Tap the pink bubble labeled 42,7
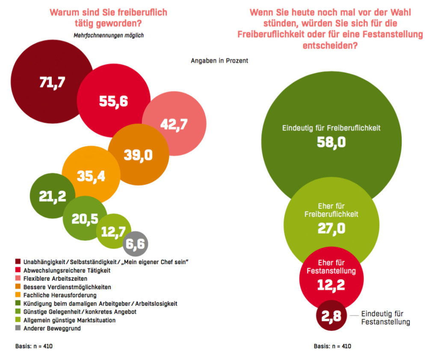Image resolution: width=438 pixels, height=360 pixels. click(174, 124)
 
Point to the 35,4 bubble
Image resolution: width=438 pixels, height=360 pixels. click(90, 175)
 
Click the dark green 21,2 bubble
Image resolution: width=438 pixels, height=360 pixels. click(52, 196)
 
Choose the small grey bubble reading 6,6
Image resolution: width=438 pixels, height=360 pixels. click(136, 244)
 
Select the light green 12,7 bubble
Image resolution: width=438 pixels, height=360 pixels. click(113, 232)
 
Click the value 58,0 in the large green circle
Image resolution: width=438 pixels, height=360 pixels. click(331, 142)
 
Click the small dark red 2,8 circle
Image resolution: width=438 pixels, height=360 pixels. click(330, 316)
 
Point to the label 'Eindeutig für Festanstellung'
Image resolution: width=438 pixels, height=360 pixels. click(385, 318)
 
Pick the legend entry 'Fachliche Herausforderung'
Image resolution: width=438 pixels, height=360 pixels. click(60, 295)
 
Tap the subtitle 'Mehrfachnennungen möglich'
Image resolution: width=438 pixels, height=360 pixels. click(109, 36)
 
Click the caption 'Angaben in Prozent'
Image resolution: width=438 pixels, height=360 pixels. click(219, 61)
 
